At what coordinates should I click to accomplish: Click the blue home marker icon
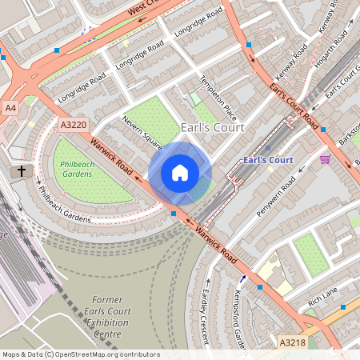(x=180, y=173)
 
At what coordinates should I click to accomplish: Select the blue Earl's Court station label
(x=268, y=160)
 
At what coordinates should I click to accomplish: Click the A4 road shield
(x=10, y=107)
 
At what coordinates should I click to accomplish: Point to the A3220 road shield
(x=73, y=125)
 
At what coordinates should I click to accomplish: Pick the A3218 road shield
(x=293, y=342)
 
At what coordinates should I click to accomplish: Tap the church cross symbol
(x=22, y=171)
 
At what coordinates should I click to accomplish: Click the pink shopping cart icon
(x=324, y=159)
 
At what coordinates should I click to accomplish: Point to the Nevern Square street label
(x=142, y=133)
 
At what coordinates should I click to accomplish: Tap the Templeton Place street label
(x=219, y=102)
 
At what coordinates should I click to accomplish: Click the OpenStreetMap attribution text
(x=81, y=354)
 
